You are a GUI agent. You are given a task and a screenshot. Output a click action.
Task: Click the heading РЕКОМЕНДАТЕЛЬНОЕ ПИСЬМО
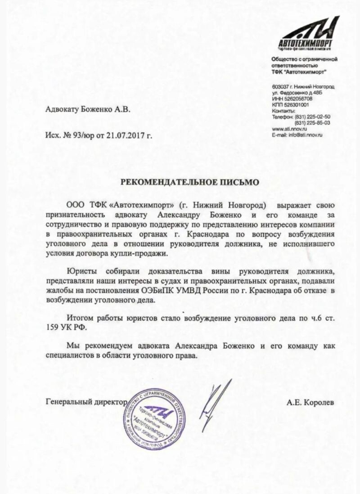(189, 182)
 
